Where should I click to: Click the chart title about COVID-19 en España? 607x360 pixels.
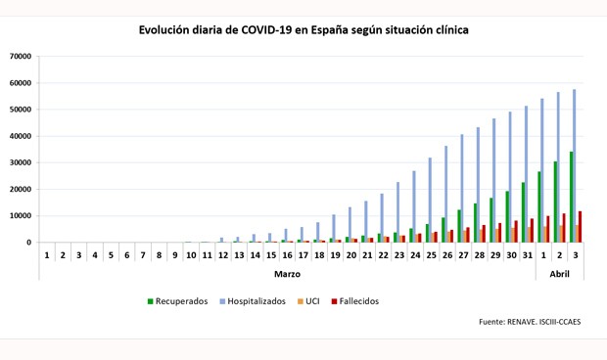click(x=303, y=30)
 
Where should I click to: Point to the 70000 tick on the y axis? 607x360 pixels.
click(x=20, y=57)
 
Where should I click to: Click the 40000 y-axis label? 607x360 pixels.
click(x=20, y=136)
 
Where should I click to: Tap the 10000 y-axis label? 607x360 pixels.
click(x=20, y=216)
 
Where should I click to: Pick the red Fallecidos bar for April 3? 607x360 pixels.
click(x=581, y=227)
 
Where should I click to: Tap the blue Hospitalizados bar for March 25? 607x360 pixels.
click(x=430, y=201)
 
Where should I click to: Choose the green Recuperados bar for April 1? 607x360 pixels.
click(x=538, y=207)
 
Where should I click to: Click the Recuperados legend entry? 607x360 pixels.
click(x=177, y=301)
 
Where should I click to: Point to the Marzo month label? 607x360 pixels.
click(x=287, y=274)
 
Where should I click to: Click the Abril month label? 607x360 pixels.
click(x=559, y=274)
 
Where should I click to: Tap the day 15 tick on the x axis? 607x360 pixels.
click(x=271, y=255)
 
